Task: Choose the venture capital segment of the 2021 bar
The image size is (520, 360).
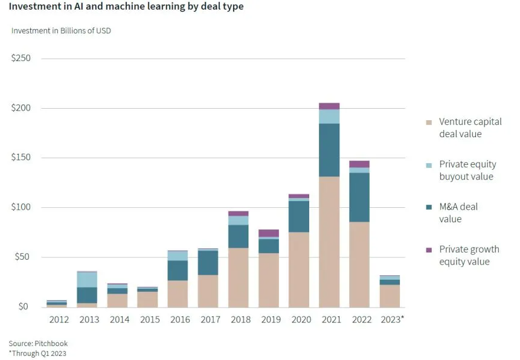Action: [x=329, y=242]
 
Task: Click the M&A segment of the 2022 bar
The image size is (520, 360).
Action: [x=359, y=197]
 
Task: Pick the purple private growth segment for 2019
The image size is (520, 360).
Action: [x=268, y=233]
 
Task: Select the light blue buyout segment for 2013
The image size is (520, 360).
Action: [x=87, y=279]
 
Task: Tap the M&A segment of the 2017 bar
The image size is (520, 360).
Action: [x=208, y=263]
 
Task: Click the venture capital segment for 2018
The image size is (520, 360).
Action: [x=238, y=277]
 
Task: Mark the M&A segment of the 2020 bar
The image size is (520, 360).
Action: [x=298, y=216]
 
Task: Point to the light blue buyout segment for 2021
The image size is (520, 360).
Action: [x=329, y=116]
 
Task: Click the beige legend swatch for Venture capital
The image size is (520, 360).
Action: [x=429, y=122]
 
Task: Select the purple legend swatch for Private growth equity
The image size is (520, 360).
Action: [x=429, y=249]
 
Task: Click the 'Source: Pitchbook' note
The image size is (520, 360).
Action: [x=37, y=343]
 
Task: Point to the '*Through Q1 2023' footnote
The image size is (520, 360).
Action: [x=37, y=353]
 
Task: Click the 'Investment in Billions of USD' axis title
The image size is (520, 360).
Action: [x=61, y=31]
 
